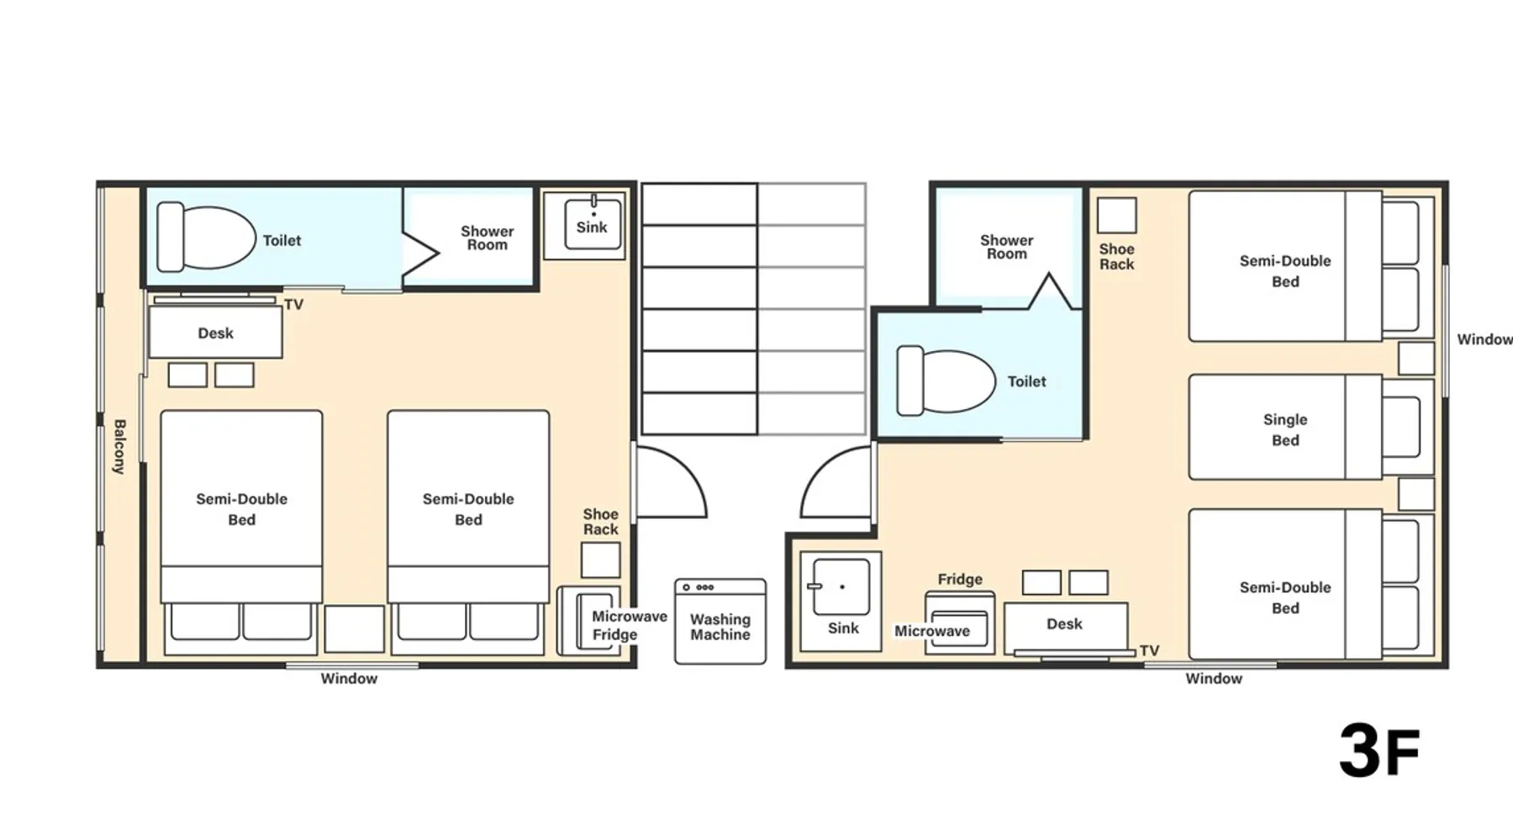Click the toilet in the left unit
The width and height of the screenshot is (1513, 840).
click(x=206, y=237)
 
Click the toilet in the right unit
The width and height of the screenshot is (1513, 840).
click(x=946, y=381)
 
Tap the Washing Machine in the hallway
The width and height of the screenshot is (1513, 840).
click(x=720, y=621)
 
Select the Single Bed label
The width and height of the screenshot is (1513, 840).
click(x=1285, y=429)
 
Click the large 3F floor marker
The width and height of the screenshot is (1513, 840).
click(x=1379, y=751)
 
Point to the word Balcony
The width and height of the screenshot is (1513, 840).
click(x=119, y=447)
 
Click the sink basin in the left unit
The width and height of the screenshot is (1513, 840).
click(x=593, y=223)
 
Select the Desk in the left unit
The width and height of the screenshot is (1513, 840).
click(x=215, y=332)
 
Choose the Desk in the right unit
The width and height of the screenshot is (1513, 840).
click(x=1066, y=627)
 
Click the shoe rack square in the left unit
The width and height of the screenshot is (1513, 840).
click(x=600, y=559)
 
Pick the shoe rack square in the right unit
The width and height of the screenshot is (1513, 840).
click(x=1116, y=215)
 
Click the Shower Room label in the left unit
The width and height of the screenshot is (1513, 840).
click(x=487, y=238)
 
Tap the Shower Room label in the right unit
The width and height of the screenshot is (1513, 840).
click(x=1006, y=247)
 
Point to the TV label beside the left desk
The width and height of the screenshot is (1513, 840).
click(x=293, y=304)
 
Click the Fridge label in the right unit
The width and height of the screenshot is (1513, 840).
click(x=960, y=579)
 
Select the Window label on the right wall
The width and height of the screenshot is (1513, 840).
click(x=1484, y=339)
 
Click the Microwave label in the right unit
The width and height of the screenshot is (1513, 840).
click(x=932, y=631)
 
